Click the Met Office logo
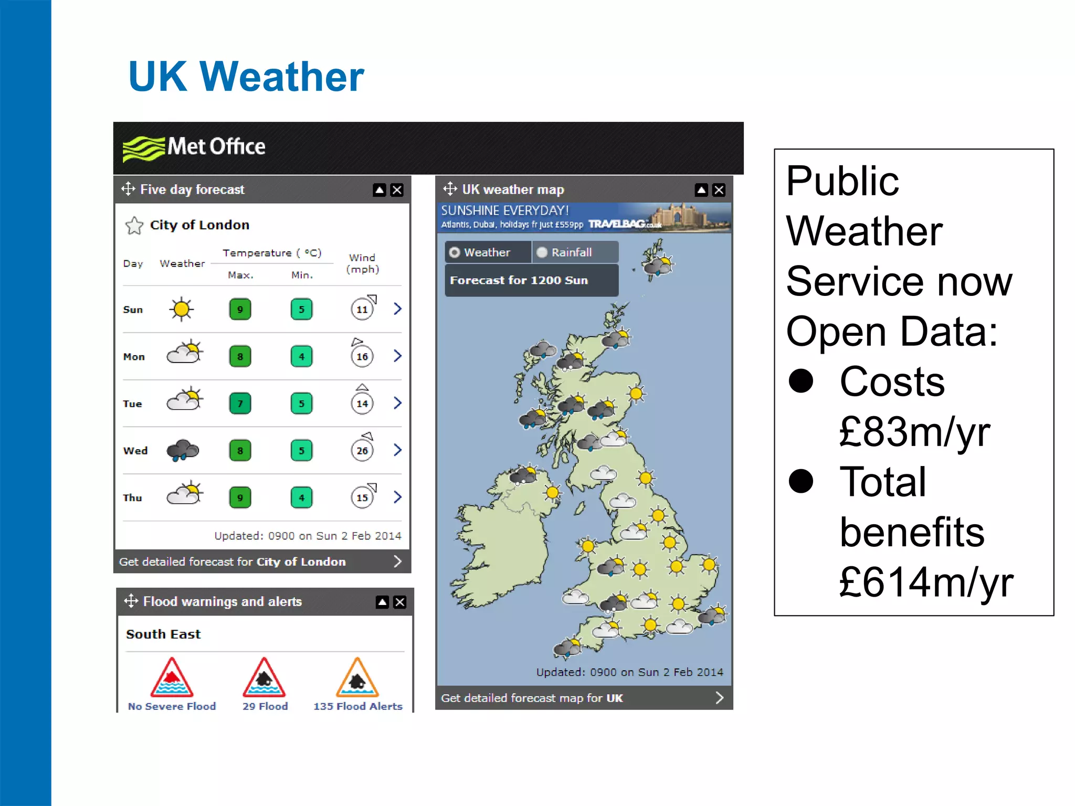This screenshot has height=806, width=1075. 194,147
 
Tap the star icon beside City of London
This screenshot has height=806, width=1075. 134,226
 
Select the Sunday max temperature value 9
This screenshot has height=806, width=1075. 240,310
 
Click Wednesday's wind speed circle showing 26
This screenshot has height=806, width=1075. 362,451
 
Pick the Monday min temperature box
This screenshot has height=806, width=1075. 301,357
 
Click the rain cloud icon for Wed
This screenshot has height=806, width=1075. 183,450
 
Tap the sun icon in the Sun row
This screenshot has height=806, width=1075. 182,309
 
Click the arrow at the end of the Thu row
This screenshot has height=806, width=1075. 397,497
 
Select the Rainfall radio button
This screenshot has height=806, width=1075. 542,252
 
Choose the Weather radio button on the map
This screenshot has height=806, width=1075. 455,252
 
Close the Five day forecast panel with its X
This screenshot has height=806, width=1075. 397,190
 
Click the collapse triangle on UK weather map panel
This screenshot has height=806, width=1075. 701,190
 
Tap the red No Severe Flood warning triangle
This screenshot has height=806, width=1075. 172,678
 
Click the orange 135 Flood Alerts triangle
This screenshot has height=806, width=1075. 357,678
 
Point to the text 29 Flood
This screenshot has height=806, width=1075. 265,706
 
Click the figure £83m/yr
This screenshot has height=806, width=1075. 914,432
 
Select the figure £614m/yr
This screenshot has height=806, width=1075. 926,582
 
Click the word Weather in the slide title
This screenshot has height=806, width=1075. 282,77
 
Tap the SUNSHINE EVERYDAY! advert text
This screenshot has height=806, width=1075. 505,211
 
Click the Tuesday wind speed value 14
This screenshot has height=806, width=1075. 362,404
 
